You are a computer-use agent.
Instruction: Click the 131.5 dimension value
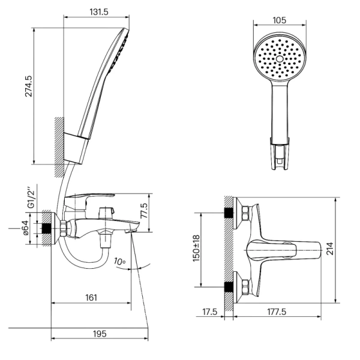point(99,12)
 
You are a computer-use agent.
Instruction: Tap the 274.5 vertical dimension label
point(29,86)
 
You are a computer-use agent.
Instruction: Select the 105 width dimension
point(280,20)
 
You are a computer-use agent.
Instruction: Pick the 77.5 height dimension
point(145,211)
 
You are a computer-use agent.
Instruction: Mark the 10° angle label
point(119,262)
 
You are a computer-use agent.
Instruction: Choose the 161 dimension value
point(91,298)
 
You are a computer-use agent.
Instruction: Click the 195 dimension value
point(100,334)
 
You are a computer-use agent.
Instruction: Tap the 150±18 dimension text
point(197,248)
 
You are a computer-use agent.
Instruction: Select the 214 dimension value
point(330,248)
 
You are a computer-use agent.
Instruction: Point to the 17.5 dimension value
point(209,312)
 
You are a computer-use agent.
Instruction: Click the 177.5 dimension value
point(277,312)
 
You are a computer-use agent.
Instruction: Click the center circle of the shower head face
point(280,59)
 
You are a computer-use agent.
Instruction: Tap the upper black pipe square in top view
point(228,213)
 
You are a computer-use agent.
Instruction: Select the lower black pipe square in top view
point(228,287)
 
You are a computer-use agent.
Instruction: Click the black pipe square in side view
point(46,229)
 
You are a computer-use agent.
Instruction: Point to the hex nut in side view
point(63,228)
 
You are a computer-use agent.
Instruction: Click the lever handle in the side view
point(89,199)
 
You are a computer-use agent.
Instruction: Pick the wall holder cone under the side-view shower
point(76,148)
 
